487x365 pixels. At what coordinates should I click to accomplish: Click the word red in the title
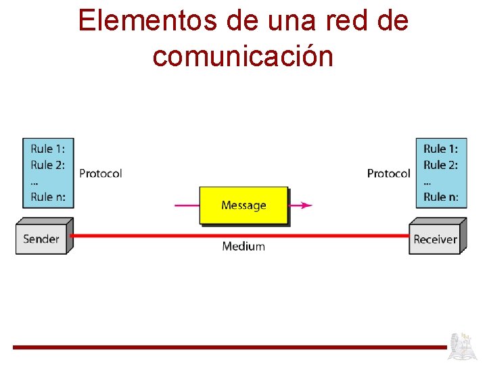coord(335,21)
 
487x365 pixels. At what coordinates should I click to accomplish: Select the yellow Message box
coord(243,205)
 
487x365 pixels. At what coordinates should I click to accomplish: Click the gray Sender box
coord(41,239)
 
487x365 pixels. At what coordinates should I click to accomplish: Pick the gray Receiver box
coord(435,239)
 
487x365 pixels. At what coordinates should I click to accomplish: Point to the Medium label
coord(243,247)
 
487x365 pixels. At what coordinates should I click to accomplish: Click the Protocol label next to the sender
coord(100,174)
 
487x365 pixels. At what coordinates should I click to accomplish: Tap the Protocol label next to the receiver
coord(388,174)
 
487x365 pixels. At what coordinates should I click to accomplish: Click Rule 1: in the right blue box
coord(440,149)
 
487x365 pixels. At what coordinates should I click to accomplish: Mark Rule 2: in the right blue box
coord(440,165)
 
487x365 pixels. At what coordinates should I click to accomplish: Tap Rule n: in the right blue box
coord(440,197)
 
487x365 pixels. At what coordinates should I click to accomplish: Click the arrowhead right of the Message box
coord(306,205)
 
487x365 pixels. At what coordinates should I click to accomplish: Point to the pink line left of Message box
coord(187,205)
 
